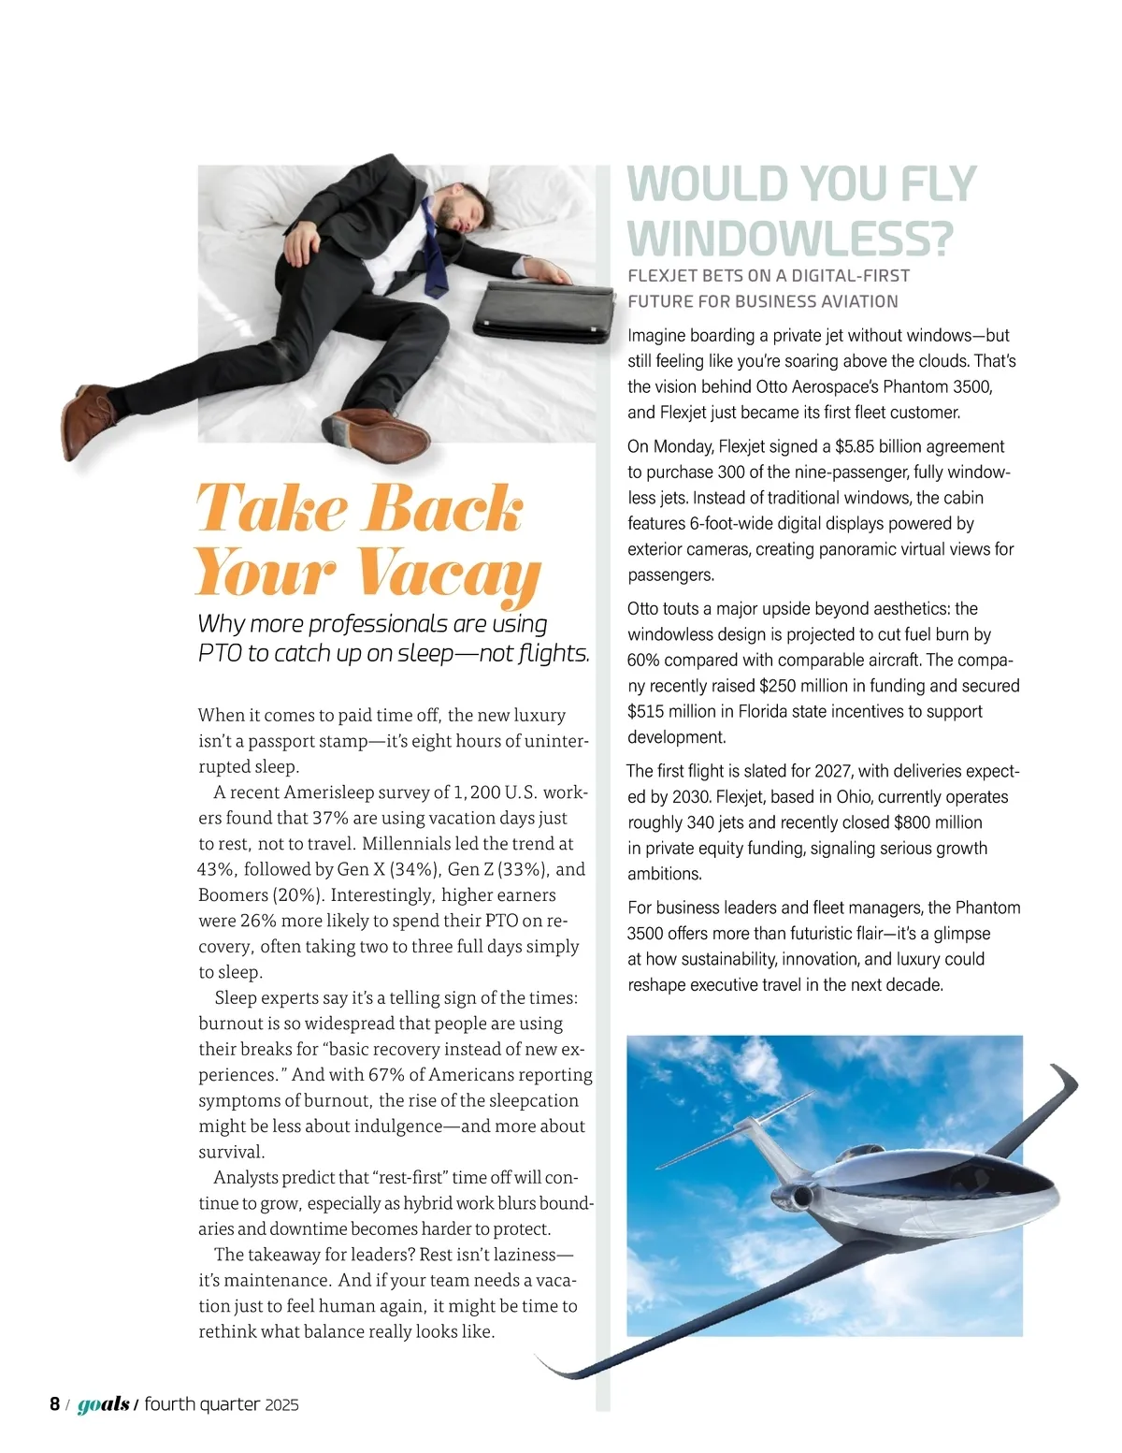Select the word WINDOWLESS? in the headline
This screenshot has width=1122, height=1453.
click(790, 238)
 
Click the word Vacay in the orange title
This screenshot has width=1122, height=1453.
click(449, 571)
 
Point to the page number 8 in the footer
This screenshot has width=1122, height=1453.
click(55, 1403)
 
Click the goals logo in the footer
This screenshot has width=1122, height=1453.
click(103, 1404)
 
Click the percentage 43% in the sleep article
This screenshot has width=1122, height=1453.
click(216, 869)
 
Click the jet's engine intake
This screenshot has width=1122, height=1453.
click(800, 1198)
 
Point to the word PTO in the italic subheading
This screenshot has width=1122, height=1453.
click(220, 653)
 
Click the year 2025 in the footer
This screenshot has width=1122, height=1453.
click(281, 1404)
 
